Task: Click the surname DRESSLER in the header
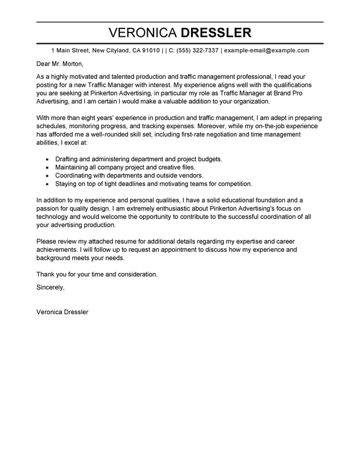coord(216,32)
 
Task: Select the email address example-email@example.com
coord(266,51)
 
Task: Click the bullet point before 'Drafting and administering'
coord(47,159)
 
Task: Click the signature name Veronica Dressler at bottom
coord(62,311)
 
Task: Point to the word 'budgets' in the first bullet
coord(207,159)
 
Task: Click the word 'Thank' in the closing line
coord(47,274)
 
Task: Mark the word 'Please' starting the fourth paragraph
coord(48,243)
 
